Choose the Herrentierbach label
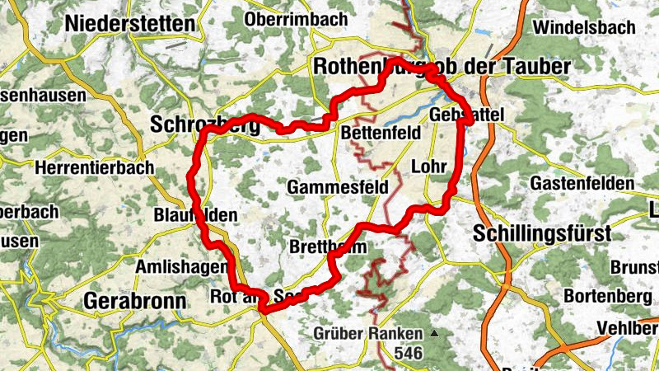[x=95, y=167]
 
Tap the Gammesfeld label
[x=338, y=188]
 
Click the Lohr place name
[x=428, y=167]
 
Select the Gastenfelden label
[x=583, y=182]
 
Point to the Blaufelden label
[x=195, y=216]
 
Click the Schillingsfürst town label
[x=543, y=234]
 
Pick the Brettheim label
[x=327, y=247]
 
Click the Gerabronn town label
[x=135, y=300]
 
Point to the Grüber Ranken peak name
[x=367, y=334]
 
